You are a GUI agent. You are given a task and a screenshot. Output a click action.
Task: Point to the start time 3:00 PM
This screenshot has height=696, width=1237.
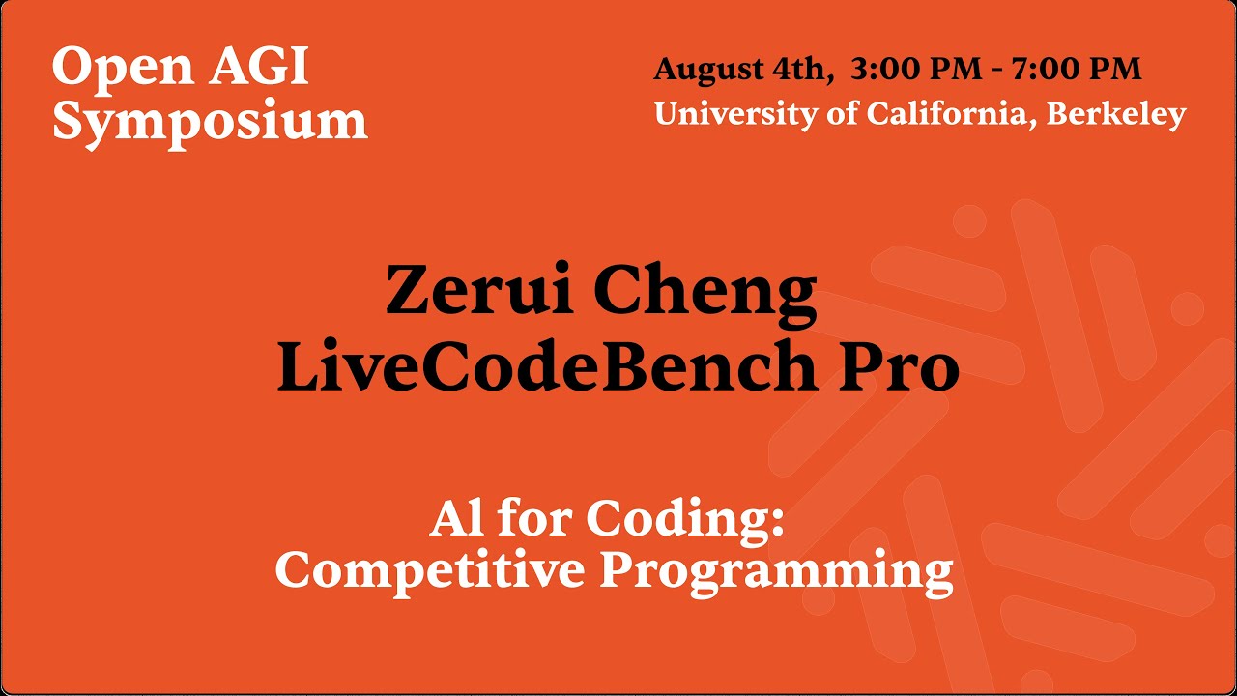[907, 70]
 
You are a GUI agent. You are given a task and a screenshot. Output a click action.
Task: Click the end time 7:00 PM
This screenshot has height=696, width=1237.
[1077, 70]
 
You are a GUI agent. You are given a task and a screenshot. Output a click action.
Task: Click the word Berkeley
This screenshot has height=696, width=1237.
[1116, 114]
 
